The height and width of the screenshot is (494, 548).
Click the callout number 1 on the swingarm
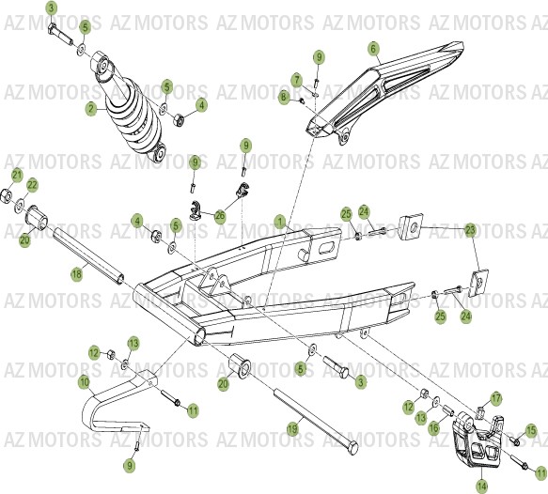(278, 222)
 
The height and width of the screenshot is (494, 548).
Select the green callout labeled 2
(91, 109)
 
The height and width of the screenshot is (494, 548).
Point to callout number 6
(372, 48)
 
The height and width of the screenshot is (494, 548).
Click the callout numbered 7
(295, 80)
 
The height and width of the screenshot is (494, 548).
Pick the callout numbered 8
(283, 96)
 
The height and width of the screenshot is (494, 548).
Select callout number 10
(84, 383)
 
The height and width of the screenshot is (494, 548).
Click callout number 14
(481, 486)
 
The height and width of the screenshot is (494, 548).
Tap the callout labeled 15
(531, 430)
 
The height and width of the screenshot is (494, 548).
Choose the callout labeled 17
(495, 398)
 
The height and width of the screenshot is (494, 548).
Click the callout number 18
(77, 273)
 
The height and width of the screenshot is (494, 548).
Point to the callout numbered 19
(291, 429)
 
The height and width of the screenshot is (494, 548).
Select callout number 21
(16, 175)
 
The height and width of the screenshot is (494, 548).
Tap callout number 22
(31, 184)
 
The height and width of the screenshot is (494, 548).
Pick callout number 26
(220, 215)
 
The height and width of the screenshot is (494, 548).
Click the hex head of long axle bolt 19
(350, 444)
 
